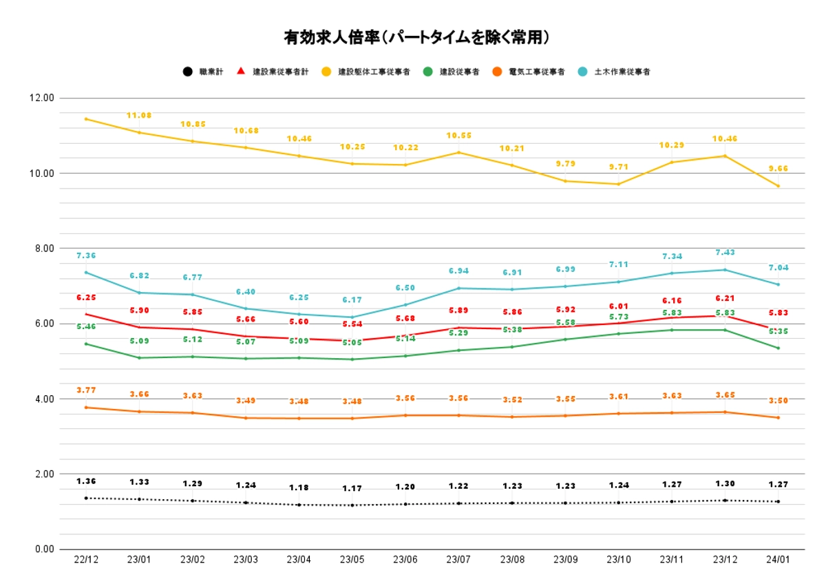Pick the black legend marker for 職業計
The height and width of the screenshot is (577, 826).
(x=187, y=72)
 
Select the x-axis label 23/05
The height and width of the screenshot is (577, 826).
(x=352, y=560)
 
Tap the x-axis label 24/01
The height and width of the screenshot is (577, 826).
(x=778, y=560)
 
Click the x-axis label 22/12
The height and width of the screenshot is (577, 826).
(x=86, y=560)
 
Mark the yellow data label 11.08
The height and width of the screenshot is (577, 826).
(x=139, y=116)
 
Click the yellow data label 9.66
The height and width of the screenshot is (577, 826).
(x=778, y=169)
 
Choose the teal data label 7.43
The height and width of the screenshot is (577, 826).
(x=725, y=253)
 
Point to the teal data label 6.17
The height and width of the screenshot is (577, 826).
(x=352, y=300)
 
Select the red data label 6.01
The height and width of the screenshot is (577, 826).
(x=618, y=306)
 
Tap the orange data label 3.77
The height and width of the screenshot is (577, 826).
(x=86, y=390)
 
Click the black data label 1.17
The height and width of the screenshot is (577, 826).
(x=352, y=489)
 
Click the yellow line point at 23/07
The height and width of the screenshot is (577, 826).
(x=459, y=153)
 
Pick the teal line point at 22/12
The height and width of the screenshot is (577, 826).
(x=86, y=272)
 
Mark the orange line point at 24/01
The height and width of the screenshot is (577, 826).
(x=778, y=417)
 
